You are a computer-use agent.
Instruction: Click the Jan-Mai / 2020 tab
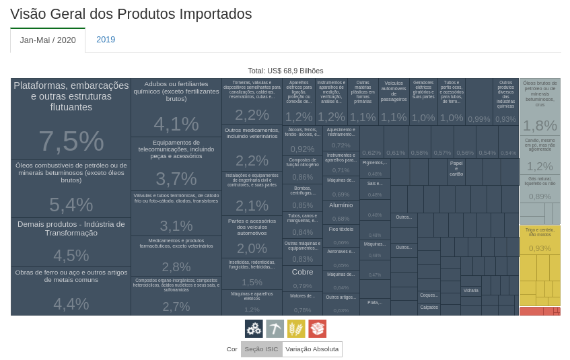pos(48,40)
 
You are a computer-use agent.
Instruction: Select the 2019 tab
pos(106,40)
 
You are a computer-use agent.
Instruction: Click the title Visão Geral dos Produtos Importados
pos(131,14)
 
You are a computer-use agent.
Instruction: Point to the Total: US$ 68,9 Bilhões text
pos(285,71)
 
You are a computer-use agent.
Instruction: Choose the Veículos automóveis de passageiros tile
pos(394,102)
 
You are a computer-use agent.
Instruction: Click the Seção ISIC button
pos(261,349)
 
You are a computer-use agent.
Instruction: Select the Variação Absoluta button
pos(312,349)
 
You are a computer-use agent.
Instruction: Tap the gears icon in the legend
pos(254,328)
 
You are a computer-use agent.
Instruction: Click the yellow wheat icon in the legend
pos(296,328)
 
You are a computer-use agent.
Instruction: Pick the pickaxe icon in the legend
pos(275,328)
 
